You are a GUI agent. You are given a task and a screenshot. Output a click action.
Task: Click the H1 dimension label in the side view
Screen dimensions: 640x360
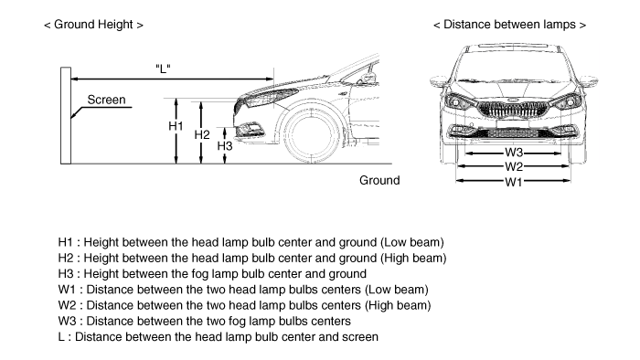tap(176, 126)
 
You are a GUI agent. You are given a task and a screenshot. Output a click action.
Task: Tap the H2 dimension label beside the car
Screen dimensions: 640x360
tap(202, 134)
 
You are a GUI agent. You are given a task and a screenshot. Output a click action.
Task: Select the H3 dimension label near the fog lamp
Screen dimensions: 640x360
tap(225, 145)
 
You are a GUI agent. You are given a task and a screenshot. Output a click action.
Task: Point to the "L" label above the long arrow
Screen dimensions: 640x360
tap(163, 69)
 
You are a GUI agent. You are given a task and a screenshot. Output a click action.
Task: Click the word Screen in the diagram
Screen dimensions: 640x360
tap(107, 100)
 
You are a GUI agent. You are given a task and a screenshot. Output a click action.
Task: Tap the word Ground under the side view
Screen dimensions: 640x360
tap(379, 180)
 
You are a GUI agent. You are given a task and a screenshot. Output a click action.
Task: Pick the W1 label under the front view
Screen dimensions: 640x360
tap(514, 182)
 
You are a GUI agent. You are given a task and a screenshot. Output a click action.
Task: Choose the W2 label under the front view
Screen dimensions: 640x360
tap(514, 166)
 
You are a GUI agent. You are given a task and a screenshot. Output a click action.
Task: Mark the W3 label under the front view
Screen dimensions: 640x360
tap(514, 152)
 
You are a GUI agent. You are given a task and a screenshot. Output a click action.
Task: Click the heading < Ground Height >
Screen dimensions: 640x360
tap(94, 25)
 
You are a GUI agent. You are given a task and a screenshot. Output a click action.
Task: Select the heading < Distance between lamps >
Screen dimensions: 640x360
tap(510, 25)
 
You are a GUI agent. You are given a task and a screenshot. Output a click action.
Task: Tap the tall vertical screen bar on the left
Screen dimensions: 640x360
tap(66, 116)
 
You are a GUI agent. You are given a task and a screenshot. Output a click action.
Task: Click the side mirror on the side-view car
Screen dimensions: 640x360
tap(367, 78)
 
